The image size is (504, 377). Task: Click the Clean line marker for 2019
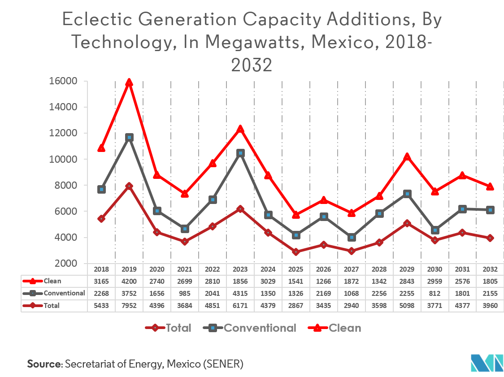[x=129, y=82]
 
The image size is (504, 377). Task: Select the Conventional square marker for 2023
[x=240, y=153]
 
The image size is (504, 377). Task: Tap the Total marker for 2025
[x=296, y=252]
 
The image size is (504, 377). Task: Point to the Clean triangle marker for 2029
[x=407, y=157]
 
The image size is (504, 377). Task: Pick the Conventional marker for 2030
[x=435, y=230]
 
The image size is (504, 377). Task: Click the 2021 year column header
[x=185, y=269]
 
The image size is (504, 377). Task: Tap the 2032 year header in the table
[x=491, y=269]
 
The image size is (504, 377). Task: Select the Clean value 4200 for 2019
[x=129, y=282]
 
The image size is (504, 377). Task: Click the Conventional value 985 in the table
[x=185, y=294]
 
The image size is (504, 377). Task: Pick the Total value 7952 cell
[x=129, y=306]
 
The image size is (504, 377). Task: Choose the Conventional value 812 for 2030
[x=435, y=294]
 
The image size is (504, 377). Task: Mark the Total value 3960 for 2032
[x=491, y=306]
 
